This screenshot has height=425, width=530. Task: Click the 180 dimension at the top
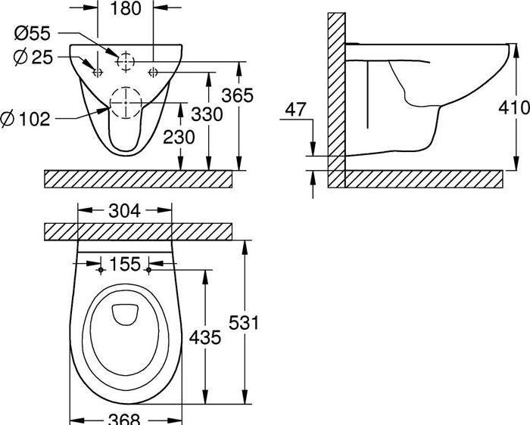coord(125,10)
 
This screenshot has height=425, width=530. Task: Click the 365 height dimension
coord(237,95)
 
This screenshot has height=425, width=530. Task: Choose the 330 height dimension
coord(207,114)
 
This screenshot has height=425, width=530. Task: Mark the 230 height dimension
coord(179,137)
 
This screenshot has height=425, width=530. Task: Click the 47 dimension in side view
coord(296,110)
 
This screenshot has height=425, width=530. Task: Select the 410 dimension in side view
coord(514,108)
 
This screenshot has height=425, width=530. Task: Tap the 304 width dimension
coord(125,212)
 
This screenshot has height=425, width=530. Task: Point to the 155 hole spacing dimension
coord(125,264)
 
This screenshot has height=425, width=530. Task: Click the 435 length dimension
coord(205,337)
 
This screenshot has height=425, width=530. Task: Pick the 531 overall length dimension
coord(244,323)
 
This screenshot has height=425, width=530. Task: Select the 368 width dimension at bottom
coord(125,418)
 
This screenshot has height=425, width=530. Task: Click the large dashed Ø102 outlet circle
coord(126,103)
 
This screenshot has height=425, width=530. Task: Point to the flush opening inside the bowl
coord(125,313)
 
